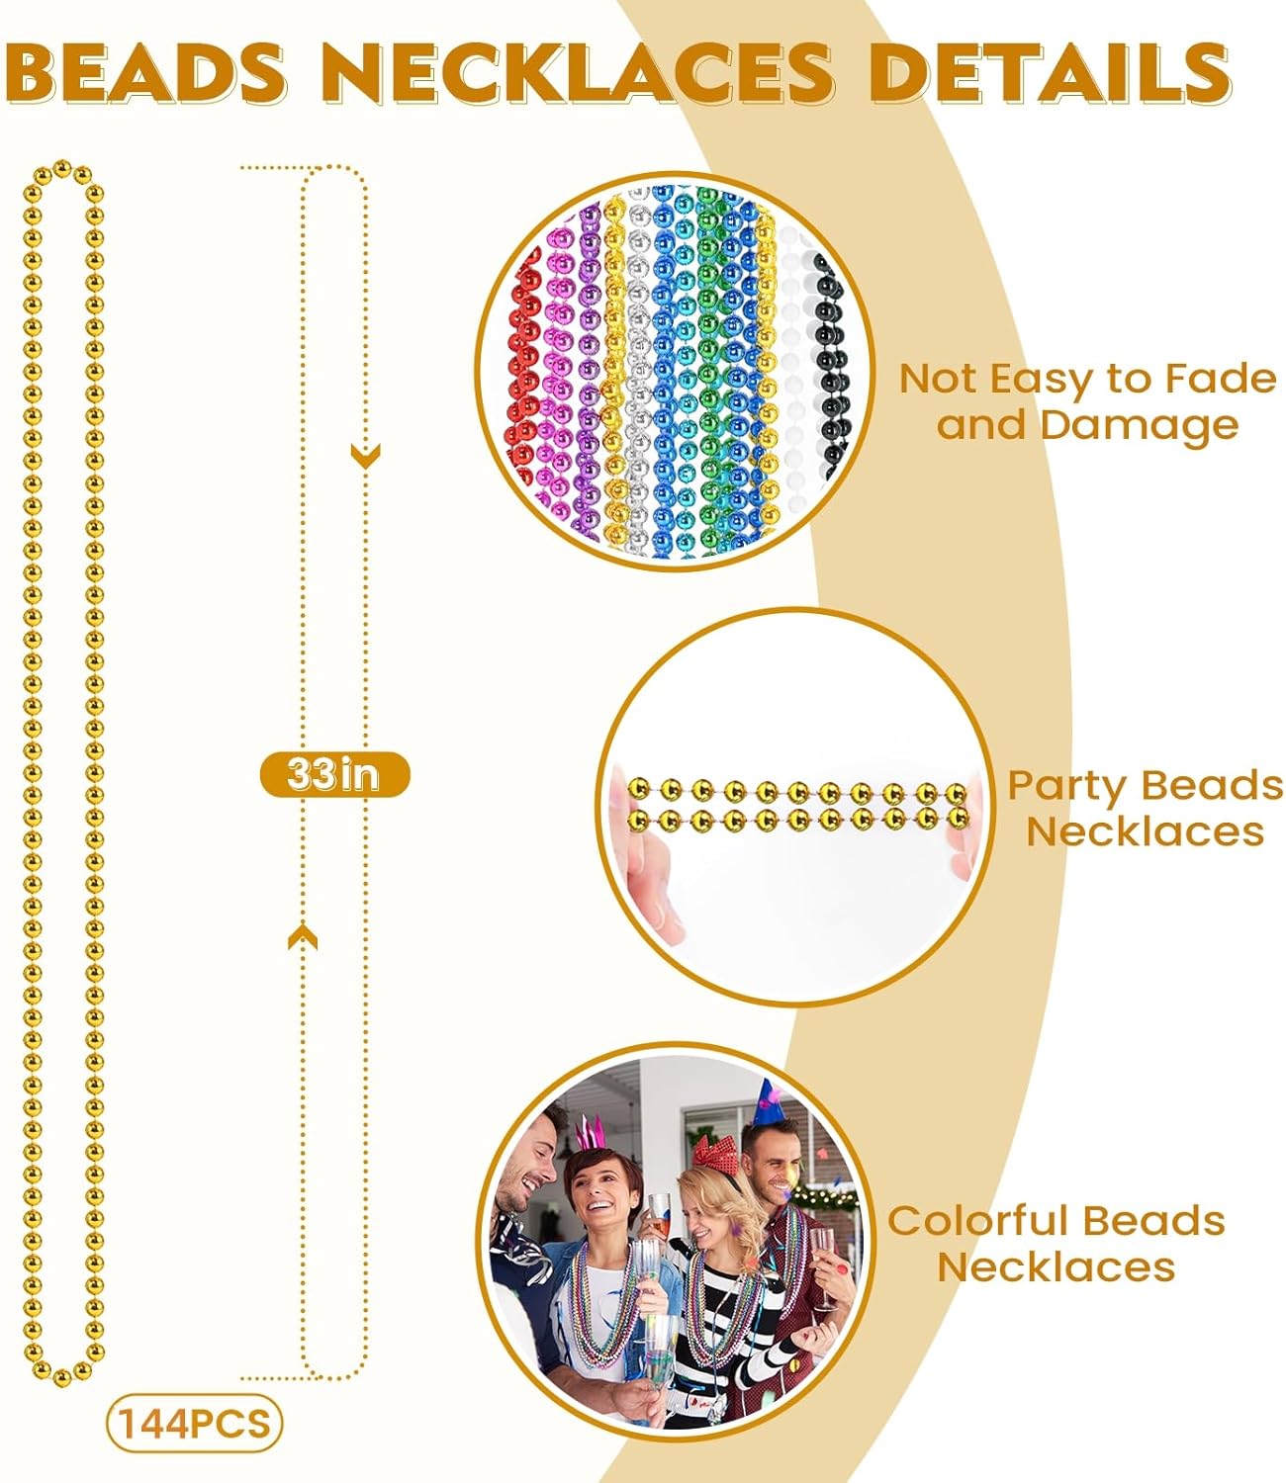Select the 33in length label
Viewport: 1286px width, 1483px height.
click(x=334, y=774)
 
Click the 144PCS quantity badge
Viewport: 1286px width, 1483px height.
click(x=195, y=1423)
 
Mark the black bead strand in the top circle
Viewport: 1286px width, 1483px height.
click(x=832, y=366)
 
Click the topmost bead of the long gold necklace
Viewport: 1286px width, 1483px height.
click(x=62, y=169)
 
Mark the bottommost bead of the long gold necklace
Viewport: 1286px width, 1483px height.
click(x=61, y=1377)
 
